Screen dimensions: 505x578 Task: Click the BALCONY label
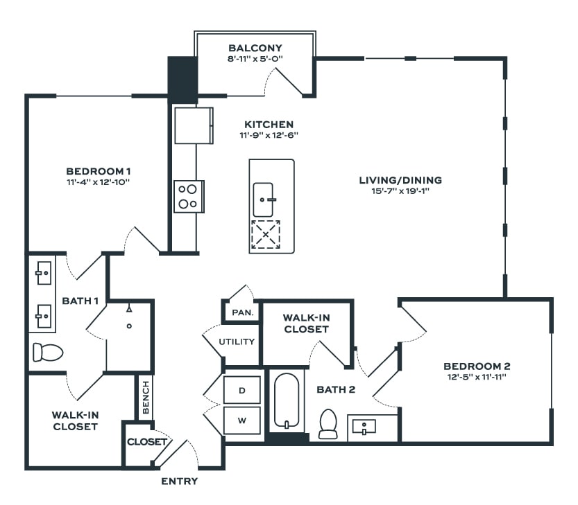(x=255, y=48)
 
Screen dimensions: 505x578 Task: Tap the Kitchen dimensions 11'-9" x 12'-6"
(x=267, y=135)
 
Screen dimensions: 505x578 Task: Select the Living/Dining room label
(x=400, y=180)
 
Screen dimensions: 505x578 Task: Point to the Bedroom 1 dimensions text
(x=99, y=182)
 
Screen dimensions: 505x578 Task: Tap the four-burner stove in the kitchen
(x=188, y=195)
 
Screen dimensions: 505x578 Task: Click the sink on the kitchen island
(x=264, y=200)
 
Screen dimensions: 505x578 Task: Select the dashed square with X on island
(x=266, y=235)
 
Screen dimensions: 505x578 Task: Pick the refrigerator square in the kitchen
(x=193, y=125)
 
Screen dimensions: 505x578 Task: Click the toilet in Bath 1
(x=47, y=352)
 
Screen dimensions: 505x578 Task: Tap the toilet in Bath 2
(x=328, y=424)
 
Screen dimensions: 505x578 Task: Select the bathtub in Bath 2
(x=285, y=401)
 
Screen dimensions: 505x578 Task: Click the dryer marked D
(x=242, y=391)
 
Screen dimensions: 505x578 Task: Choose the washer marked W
(x=242, y=420)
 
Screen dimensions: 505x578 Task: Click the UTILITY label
(x=237, y=342)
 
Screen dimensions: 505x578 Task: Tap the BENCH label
(x=146, y=398)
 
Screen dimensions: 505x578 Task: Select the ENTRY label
(x=179, y=481)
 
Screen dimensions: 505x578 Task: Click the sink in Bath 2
(x=364, y=427)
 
